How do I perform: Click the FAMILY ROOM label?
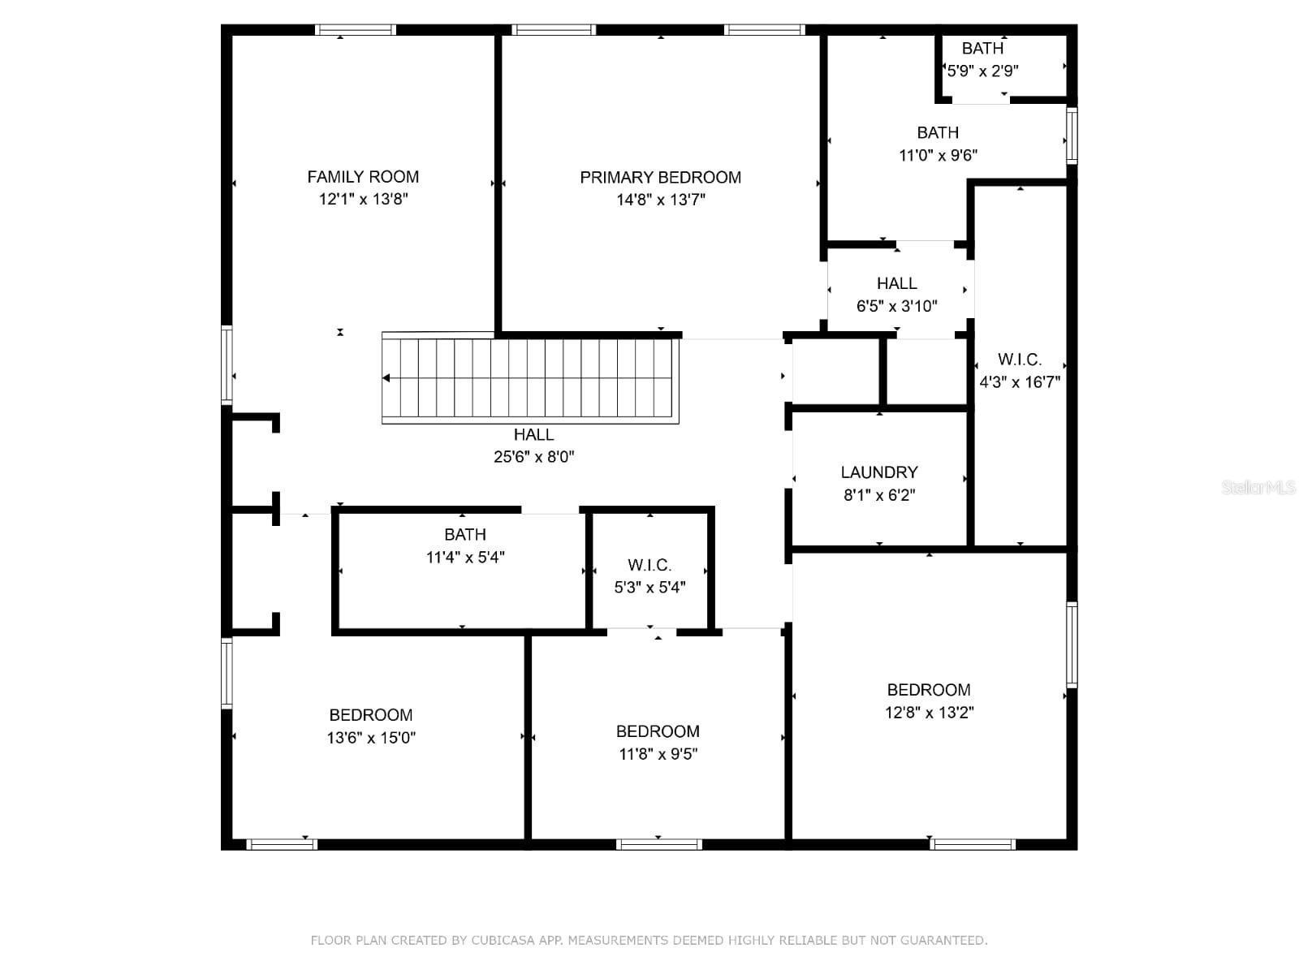pyautogui.click(x=363, y=177)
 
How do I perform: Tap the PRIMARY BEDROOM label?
pyautogui.click(x=660, y=178)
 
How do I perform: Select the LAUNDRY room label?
pyautogui.click(x=879, y=472)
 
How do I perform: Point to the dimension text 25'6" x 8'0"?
pyautogui.click(x=533, y=456)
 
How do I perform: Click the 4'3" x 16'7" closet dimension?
pyautogui.click(x=1020, y=382)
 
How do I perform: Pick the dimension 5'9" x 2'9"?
pyautogui.click(x=982, y=71)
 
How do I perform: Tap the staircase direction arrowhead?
pyautogui.click(x=386, y=378)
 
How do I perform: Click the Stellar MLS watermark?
pyautogui.click(x=1258, y=487)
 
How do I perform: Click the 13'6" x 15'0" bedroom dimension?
pyautogui.click(x=371, y=738)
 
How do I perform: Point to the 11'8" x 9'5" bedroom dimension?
pyautogui.click(x=658, y=754)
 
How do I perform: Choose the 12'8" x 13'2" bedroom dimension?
pyautogui.click(x=929, y=713)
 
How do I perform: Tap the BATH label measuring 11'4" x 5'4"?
pyautogui.click(x=465, y=535)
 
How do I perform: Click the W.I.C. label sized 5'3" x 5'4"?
pyautogui.click(x=649, y=566)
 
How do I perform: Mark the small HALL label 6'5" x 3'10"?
pyautogui.click(x=897, y=283)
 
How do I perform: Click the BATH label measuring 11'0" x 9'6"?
pyautogui.click(x=938, y=132)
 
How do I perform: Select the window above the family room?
pyautogui.click(x=355, y=30)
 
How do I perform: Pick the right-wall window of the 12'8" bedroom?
pyautogui.click(x=1072, y=644)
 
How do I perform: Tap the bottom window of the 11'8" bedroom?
pyautogui.click(x=658, y=844)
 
